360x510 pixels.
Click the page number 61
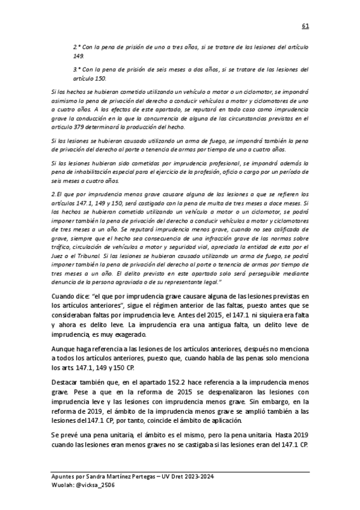(305, 26)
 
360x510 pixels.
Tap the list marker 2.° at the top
(76, 46)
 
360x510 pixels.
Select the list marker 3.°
(76, 69)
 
